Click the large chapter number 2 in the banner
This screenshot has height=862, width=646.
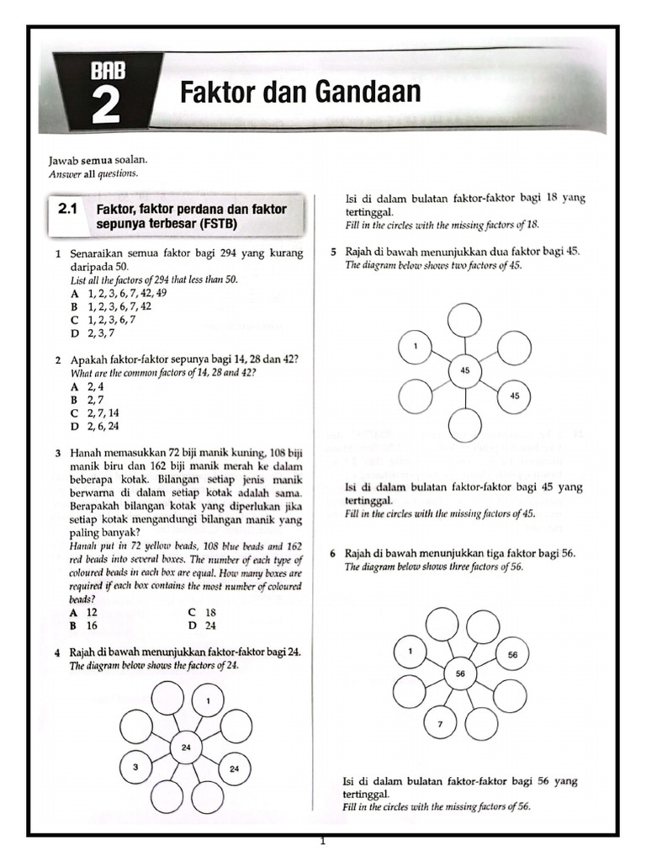[105, 108]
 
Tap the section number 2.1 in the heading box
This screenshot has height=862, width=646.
[68, 208]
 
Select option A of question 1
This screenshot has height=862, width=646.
[76, 293]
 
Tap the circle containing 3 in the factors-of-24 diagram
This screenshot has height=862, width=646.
[135, 767]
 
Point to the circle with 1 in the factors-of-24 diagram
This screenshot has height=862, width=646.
[208, 700]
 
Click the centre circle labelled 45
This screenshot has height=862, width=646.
[465, 370]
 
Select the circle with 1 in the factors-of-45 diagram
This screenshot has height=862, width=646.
[416, 346]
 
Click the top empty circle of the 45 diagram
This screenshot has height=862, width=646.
[465, 321]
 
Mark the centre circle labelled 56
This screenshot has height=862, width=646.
[460, 673]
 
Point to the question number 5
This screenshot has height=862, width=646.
[334, 252]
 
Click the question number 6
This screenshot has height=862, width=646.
[334, 554]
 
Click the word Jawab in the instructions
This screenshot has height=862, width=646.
[64, 159]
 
